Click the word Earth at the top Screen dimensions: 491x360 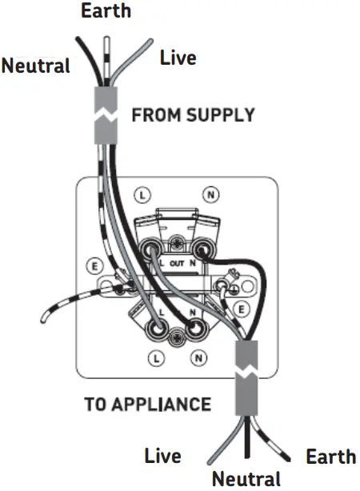(x=106, y=11)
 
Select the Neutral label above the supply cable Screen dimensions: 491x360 (x=35, y=66)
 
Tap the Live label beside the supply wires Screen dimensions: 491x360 (x=178, y=58)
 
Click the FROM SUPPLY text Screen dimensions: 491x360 (x=193, y=114)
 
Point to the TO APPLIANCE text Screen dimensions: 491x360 (x=148, y=403)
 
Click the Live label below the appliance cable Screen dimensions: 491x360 (x=162, y=457)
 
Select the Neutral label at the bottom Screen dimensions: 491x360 (x=246, y=479)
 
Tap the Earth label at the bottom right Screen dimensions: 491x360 (x=330, y=457)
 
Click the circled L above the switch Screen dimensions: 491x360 (x=142, y=194)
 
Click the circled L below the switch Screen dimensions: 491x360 (x=157, y=358)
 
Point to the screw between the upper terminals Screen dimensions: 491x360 (x=178, y=240)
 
